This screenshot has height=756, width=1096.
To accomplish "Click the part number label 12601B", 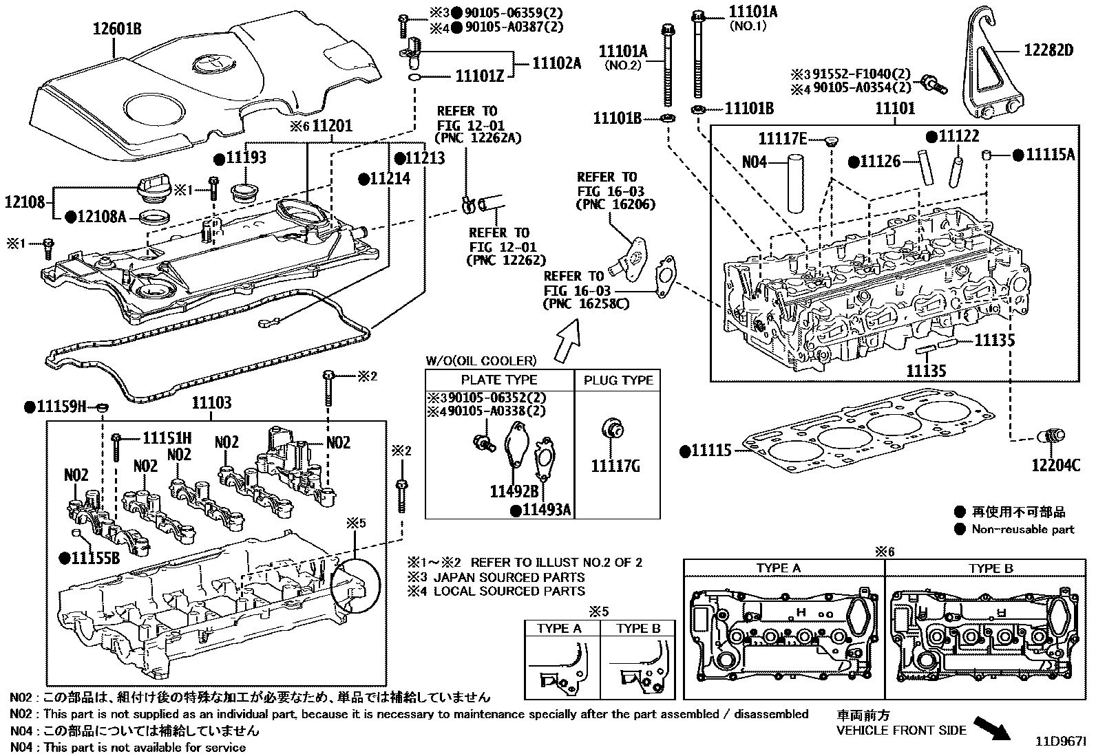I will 117,29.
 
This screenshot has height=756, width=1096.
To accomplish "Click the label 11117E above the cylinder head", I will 782,139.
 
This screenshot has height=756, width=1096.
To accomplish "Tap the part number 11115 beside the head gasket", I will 711,451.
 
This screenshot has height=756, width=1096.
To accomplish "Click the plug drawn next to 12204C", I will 1053,436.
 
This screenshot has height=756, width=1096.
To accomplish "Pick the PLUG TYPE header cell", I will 618,380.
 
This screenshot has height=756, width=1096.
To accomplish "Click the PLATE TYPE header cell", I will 498,380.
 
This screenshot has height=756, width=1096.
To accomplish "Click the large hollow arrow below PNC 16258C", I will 569,341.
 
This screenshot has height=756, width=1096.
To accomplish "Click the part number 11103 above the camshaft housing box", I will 211,403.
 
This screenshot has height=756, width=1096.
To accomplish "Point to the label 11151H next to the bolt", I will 167,438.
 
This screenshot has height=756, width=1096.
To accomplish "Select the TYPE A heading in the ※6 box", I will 778,568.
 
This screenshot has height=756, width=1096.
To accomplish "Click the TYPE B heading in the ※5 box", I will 638,628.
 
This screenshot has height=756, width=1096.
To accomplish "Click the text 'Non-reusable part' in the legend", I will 1022,529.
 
